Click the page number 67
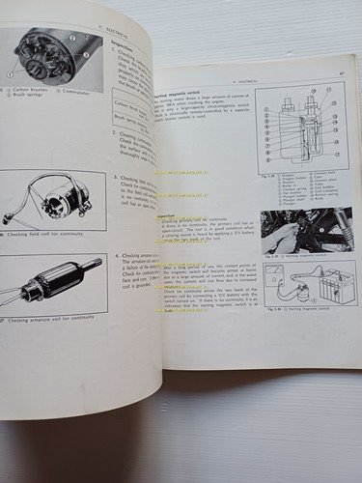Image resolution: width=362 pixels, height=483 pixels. (x=343, y=70)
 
